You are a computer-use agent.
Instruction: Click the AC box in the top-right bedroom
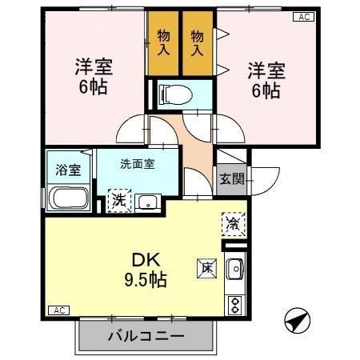(305, 17)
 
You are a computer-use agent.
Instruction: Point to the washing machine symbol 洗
(118, 199)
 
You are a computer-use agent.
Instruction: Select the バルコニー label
(146, 337)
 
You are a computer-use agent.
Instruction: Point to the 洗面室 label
(137, 164)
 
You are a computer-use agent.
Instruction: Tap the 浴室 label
(66, 169)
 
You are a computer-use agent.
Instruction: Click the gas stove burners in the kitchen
(236, 305)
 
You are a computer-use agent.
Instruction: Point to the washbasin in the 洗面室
(146, 202)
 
